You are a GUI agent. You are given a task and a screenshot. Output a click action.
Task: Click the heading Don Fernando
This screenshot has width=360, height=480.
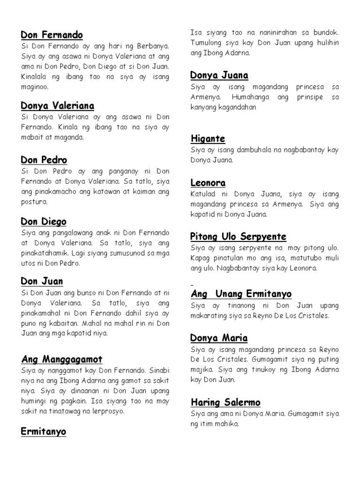52,35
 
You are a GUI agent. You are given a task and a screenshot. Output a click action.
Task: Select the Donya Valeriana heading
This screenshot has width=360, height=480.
57,105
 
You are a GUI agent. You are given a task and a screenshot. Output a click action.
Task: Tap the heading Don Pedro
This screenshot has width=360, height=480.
44,160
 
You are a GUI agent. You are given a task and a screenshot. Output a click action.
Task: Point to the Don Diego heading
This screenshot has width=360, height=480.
44,221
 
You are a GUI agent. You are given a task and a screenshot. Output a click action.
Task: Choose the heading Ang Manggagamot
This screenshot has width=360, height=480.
62,359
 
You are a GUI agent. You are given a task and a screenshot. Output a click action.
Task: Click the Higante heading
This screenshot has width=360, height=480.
208,138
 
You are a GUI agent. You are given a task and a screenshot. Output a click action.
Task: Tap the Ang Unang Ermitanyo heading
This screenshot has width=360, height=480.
241,294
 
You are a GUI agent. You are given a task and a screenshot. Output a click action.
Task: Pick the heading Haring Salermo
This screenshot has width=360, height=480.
225,402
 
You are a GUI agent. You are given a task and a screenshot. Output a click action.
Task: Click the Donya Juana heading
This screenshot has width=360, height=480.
219,75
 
